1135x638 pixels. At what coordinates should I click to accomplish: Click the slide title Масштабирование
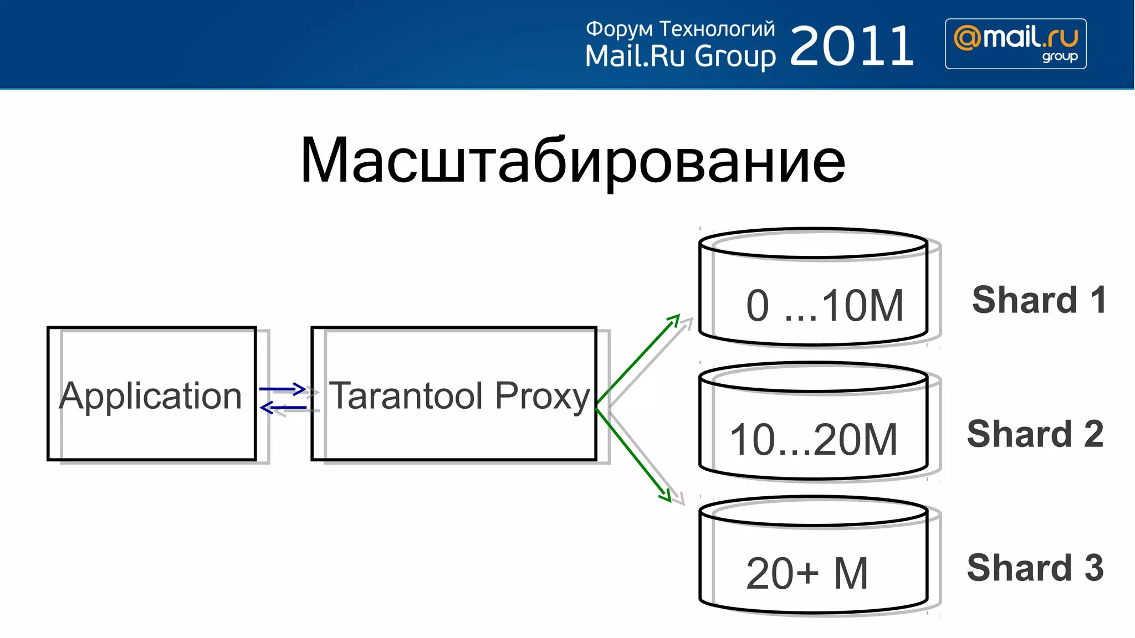(x=572, y=161)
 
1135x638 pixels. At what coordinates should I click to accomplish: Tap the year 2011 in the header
(x=852, y=46)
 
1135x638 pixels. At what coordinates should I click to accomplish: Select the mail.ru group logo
(x=1015, y=44)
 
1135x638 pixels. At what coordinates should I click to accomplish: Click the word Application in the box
(x=151, y=396)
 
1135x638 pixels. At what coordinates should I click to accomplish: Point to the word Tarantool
(x=406, y=396)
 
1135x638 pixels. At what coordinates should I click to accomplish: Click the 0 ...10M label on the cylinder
(x=825, y=306)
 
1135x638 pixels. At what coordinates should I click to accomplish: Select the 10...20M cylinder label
(x=814, y=440)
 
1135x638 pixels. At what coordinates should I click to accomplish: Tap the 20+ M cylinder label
(x=807, y=574)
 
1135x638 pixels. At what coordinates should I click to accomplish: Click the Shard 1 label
(x=1039, y=300)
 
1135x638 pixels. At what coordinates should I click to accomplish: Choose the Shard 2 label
(x=1035, y=434)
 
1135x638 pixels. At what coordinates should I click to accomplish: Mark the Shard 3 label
(x=1035, y=568)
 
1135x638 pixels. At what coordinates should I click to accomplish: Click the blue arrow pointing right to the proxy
(x=283, y=389)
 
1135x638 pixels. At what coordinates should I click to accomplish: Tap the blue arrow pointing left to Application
(x=283, y=408)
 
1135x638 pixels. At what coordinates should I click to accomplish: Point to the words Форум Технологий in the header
(x=680, y=29)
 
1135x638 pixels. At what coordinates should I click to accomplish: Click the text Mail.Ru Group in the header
(x=680, y=56)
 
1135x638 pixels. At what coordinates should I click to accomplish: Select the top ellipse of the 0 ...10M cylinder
(x=813, y=243)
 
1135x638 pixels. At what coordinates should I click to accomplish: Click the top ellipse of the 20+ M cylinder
(x=813, y=511)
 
